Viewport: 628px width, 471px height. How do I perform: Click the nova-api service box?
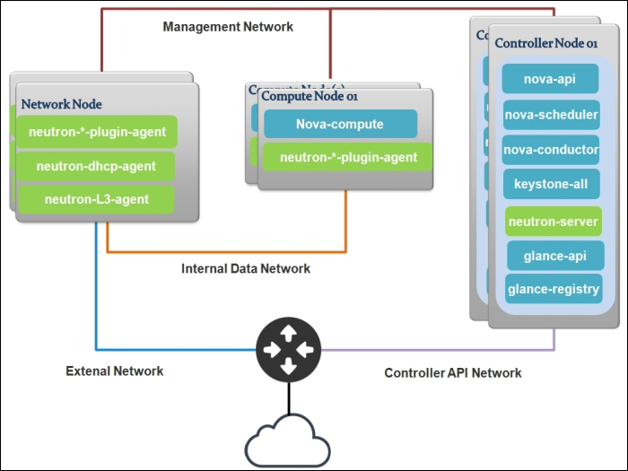point(551,78)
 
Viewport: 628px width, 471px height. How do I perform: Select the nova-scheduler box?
point(551,114)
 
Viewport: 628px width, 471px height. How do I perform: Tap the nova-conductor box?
point(551,149)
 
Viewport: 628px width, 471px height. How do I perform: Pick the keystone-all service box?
point(551,184)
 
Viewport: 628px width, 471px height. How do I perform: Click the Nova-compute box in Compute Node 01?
point(340,124)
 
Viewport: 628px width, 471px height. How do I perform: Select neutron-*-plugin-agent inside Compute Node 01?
point(348,157)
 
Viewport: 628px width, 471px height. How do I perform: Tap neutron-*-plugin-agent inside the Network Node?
point(97,132)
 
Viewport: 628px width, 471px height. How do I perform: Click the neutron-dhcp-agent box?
point(97,166)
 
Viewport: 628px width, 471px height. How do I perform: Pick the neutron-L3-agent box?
point(97,198)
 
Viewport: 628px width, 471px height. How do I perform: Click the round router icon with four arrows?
point(287,349)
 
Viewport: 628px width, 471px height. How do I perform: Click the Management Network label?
point(228,27)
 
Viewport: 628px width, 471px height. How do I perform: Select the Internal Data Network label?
point(246,268)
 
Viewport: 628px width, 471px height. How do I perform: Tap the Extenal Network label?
point(115,371)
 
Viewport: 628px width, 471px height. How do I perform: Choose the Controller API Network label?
point(453,372)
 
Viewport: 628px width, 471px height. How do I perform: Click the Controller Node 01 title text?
point(546,43)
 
